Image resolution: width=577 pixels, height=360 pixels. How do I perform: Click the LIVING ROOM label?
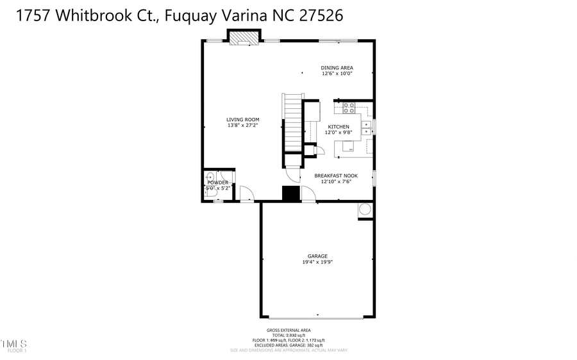click(x=242, y=119)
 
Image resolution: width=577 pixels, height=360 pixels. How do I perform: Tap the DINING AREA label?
click(x=337, y=67)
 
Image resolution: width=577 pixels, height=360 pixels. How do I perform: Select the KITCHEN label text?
click(x=339, y=127)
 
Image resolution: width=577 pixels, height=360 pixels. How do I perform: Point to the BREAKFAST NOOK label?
click(x=336, y=176)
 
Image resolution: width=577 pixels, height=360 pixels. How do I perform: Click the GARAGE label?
click(x=317, y=256)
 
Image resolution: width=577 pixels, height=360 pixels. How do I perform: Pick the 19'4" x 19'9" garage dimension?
click(x=317, y=262)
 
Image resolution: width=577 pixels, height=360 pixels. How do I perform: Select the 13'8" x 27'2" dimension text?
click(x=242, y=126)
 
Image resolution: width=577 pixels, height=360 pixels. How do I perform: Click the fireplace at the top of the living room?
click(x=243, y=39)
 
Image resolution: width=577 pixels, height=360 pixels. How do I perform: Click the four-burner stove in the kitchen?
click(x=349, y=107)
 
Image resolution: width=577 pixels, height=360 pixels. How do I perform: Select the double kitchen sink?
click(x=365, y=128)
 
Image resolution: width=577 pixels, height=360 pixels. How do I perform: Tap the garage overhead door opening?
click(x=317, y=316)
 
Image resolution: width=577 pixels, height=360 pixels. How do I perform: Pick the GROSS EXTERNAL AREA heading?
click(x=288, y=330)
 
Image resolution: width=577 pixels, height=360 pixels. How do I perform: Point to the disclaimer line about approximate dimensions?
click(x=288, y=350)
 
